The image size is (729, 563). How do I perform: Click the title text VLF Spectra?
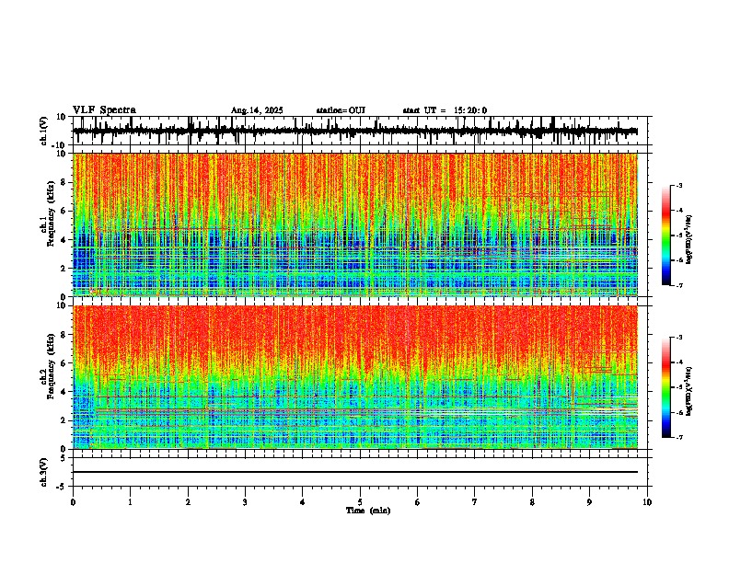tap(104, 110)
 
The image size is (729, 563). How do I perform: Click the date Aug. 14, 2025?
tap(256, 110)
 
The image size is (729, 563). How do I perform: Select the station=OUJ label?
tap(341, 110)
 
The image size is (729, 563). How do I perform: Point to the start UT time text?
tap(445, 110)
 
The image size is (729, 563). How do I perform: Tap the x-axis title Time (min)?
tap(367, 510)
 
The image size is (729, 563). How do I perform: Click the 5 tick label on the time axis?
tap(360, 502)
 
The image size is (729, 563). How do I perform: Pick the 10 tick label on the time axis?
tap(647, 502)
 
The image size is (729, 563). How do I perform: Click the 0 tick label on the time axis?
tap(73, 502)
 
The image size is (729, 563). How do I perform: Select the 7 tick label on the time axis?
tap(475, 502)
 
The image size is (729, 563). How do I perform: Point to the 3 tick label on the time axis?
tap(245, 502)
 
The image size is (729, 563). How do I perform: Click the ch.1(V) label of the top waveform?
tap(44, 132)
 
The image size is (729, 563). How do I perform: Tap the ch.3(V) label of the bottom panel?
tap(44, 469)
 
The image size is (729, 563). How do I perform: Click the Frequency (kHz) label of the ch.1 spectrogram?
tap(48, 221)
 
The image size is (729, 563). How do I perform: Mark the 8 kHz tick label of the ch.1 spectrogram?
tap(63, 182)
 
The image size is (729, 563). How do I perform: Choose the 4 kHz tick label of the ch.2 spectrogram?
tap(63, 392)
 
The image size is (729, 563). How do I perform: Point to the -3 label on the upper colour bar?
tap(678, 186)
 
